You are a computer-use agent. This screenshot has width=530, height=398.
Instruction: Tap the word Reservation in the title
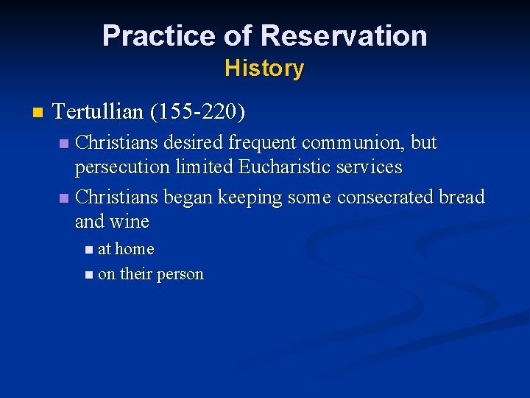[344, 35]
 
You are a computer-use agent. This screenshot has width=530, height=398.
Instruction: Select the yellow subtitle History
[264, 69]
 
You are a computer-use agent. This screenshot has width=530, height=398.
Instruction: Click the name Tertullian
[99, 113]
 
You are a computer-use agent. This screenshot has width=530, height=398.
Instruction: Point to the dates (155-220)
[197, 113]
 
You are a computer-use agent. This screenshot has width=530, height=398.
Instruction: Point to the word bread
[462, 198]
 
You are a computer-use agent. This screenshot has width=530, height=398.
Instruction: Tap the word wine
[131, 222]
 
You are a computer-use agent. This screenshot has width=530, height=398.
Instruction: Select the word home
[134, 249]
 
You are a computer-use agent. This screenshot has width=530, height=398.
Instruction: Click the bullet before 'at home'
[89, 250]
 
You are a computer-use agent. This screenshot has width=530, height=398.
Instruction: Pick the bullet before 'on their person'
[89, 275]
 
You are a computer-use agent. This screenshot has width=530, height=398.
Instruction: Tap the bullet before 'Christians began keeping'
[64, 198]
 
